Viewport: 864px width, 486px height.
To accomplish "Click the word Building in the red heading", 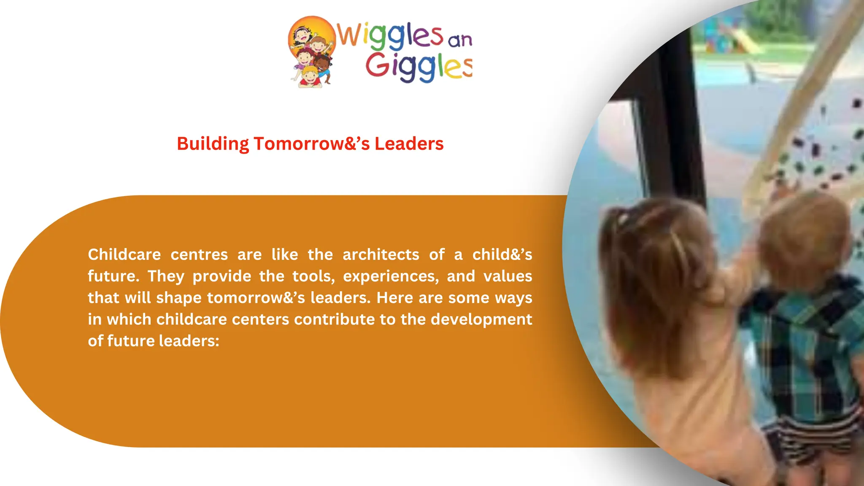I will (213, 144).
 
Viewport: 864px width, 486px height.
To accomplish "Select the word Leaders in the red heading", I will (409, 144).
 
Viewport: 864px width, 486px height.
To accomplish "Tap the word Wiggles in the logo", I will (390, 35).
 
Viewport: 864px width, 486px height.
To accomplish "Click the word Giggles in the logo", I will (418, 67).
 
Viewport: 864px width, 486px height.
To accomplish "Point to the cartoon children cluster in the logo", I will (311, 53).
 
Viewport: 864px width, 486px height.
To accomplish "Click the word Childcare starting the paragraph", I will (124, 254).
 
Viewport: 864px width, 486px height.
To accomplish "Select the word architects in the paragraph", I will (381, 254).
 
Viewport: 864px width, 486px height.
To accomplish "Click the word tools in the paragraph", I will (313, 276).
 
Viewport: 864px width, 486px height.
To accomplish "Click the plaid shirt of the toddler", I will (802, 337).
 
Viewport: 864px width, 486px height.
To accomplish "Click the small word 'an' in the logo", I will (459, 40).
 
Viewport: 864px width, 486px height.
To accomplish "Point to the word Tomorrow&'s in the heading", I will (311, 144).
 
